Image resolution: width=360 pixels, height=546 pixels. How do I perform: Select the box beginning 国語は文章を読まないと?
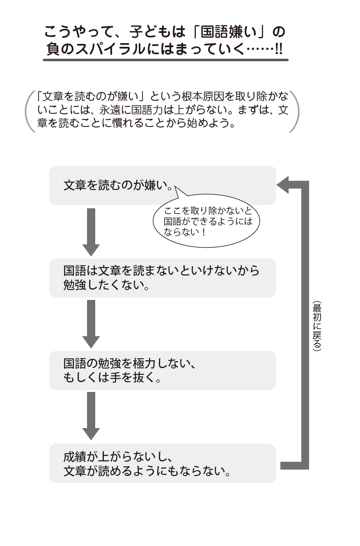click(x=162, y=278)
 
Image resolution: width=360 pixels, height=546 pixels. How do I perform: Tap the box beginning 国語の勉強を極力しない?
click(x=162, y=370)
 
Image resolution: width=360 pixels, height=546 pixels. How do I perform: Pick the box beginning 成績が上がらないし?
click(x=162, y=463)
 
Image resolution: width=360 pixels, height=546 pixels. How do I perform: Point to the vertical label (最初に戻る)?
click(x=316, y=326)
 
